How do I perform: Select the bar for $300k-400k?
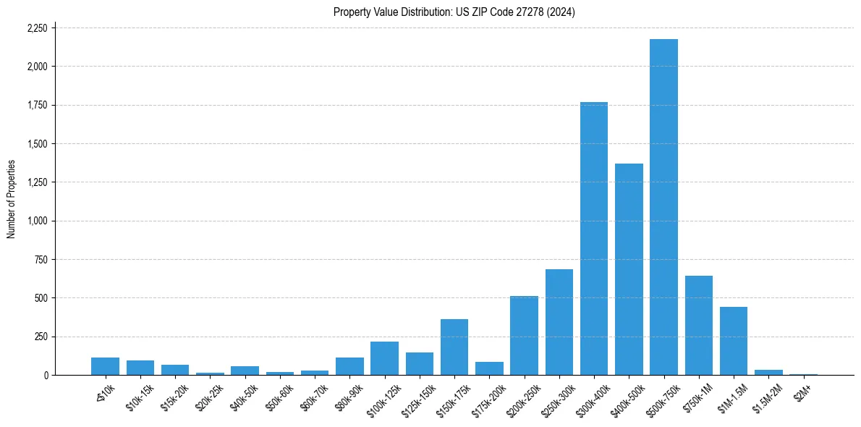(594, 239)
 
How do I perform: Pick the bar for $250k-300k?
(559, 322)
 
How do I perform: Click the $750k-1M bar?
(699, 326)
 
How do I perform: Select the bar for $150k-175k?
(454, 347)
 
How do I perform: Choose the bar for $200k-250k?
(524, 336)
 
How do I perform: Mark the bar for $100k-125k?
(384, 358)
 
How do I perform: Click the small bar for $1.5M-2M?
(768, 372)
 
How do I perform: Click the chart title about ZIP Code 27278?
(454, 12)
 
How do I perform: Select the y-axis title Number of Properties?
(12, 199)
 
